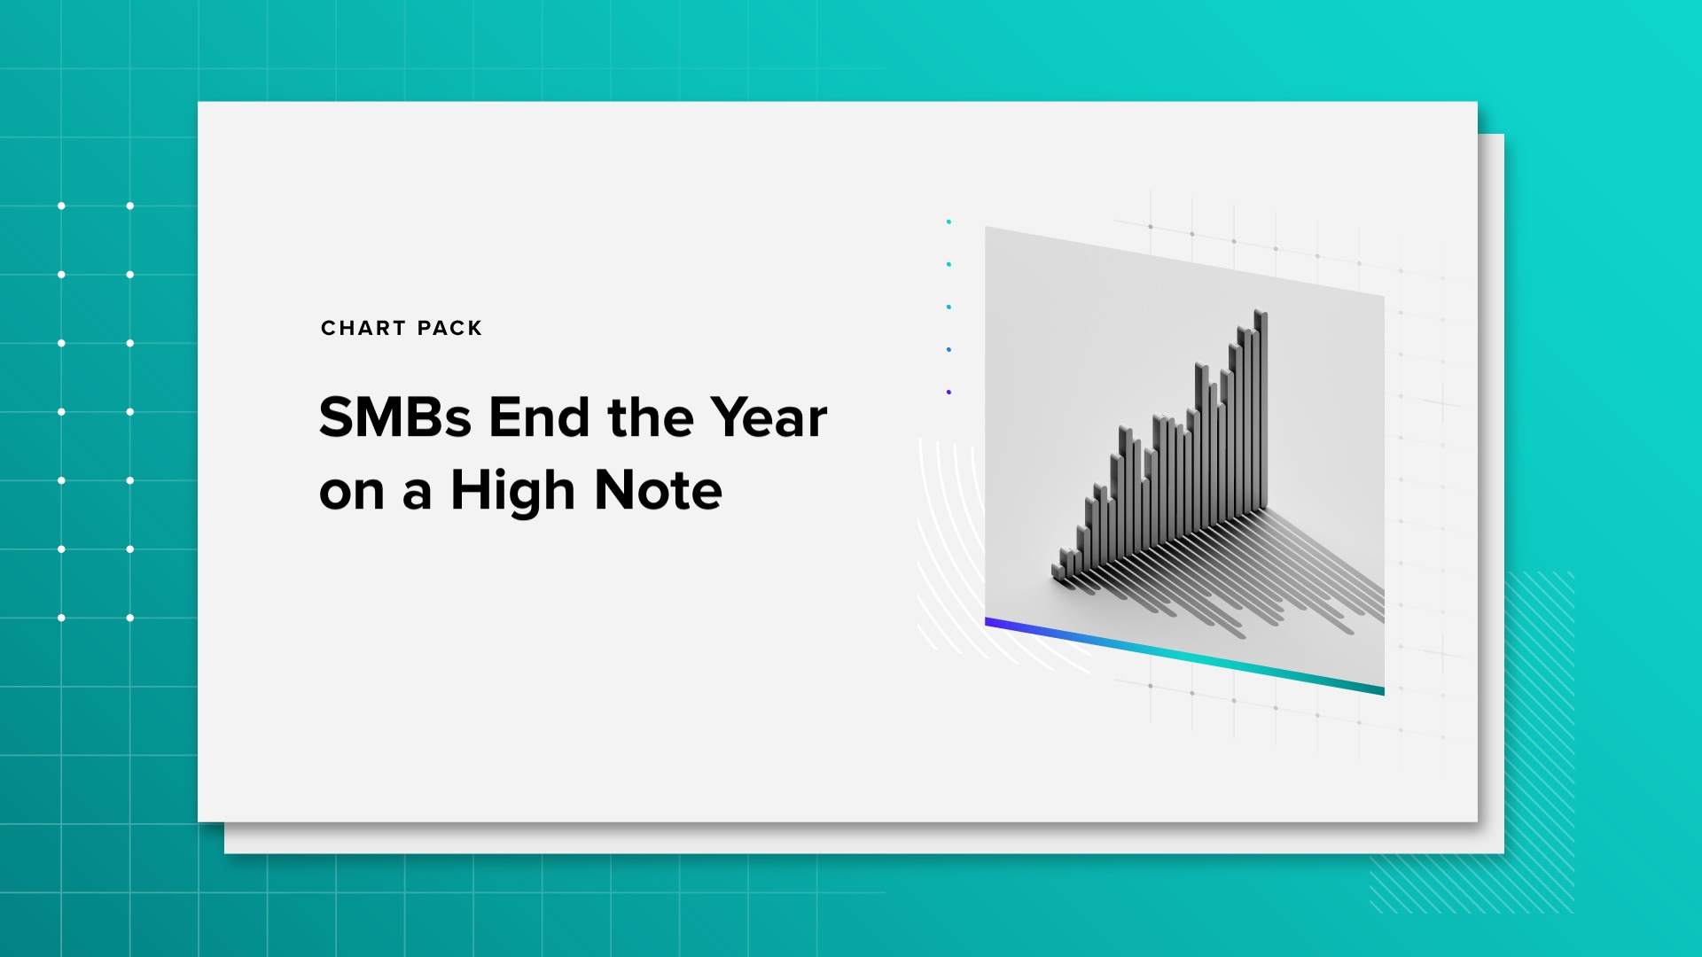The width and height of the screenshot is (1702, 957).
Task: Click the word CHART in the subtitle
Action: click(x=363, y=328)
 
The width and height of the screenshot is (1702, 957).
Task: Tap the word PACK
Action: click(x=449, y=328)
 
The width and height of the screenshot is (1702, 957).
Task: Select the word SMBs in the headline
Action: click(x=395, y=417)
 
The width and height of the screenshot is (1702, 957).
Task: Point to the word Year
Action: click(x=769, y=417)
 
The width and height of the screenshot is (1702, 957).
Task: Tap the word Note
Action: click(x=659, y=491)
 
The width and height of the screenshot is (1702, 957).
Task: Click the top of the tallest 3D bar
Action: click(x=1261, y=313)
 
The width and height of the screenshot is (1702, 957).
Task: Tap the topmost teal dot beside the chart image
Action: click(x=949, y=222)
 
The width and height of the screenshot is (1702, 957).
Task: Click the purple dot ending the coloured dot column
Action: click(x=949, y=392)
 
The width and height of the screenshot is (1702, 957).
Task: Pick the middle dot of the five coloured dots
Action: click(x=949, y=307)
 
